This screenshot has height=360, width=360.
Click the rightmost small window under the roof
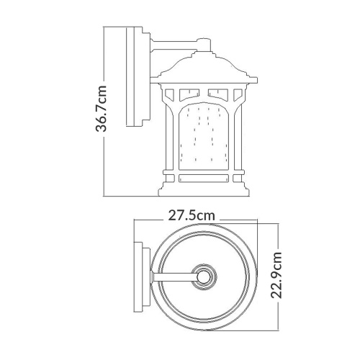click(x=238, y=93)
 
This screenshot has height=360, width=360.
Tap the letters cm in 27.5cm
click(x=208, y=215)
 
